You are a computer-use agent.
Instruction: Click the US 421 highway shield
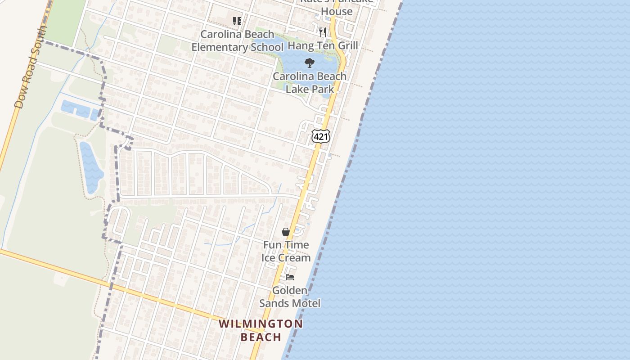pyautogui.click(x=321, y=136)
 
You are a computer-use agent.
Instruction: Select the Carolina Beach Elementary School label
pyautogui.click(x=237, y=40)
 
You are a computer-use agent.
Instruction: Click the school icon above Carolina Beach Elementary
pyautogui.click(x=237, y=21)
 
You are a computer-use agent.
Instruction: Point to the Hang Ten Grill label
pyautogui.click(x=323, y=45)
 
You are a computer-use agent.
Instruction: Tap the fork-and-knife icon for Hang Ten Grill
pyautogui.click(x=322, y=32)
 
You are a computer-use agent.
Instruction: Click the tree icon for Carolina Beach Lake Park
pyautogui.click(x=309, y=63)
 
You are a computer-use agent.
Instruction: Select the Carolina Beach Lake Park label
pyautogui.click(x=310, y=82)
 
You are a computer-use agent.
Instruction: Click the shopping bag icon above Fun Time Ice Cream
pyautogui.click(x=285, y=232)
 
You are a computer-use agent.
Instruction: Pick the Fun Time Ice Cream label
pyautogui.click(x=286, y=251)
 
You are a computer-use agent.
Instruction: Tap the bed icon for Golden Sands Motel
pyautogui.click(x=290, y=277)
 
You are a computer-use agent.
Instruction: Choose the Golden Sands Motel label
pyautogui.click(x=290, y=297)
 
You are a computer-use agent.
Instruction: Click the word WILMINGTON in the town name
pyautogui.click(x=261, y=324)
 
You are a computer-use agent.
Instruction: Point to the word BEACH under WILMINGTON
pyautogui.click(x=261, y=337)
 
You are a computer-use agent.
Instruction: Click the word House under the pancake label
pyautogui.click(x=337, y=11)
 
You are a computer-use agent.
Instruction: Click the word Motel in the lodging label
pyautogui.click(x=306, y=303)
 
